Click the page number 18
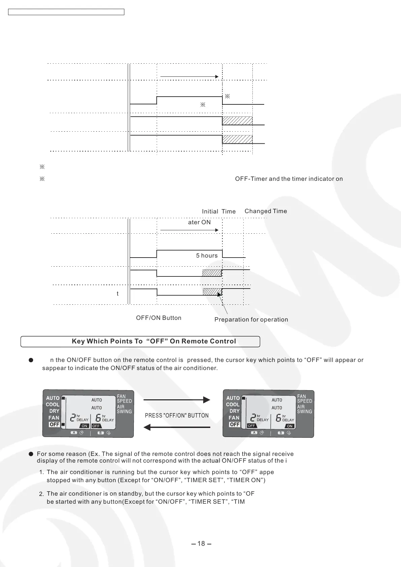pyautogui.click(x=201, y=543)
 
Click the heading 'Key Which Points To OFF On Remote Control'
pyautogui.click(x=154, y=341)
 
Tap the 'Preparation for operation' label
pyautogui.click(x=251, y=320)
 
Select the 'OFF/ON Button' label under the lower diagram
pyautogui.click(x=158, y=318)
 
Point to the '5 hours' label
pyautogui.click(x=207, y=256)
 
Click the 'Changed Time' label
pyautogui.click(x=266, y=211)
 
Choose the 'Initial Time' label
pyautogui.click(x=218, y=211)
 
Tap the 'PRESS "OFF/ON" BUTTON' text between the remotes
pyautogui.click(x=177, y=415)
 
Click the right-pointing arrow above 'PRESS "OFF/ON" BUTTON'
pyautogui.click(x=177, y=400)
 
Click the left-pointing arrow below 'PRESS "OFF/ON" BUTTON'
pyautogui.click(x=177, y=427)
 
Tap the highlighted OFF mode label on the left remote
pyautogui.click(x=54, y=425)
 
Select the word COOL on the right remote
pyautogui.click(x=233, y=404)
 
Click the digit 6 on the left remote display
pyautogui.click(x=98, y=418)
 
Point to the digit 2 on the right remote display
pyautogui.click(x=253, y=418)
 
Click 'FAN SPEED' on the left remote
pyautogui.click(x=124, y=399)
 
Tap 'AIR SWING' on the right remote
pyautogui.click(x=304, y=409)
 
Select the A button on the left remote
pyautogui.click(x=74, y=433)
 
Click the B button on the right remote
pyautogui.click(x=281, y=433)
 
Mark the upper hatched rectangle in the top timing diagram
pyautogui.click(x=237, y=121)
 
